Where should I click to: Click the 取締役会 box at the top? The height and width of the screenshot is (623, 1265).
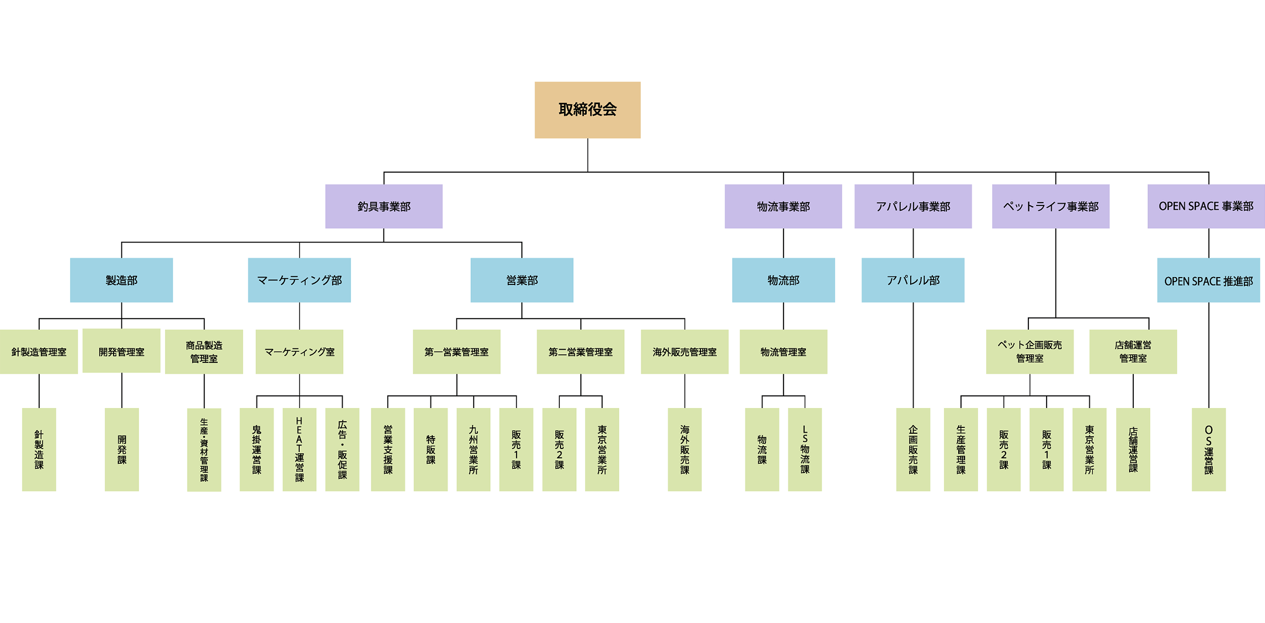tap(587, 110)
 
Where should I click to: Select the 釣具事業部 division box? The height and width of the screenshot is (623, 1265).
tap(384, 206)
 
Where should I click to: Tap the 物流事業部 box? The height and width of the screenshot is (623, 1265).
tap(783, 206)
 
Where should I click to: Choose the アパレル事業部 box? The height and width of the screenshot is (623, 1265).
tap(913, 206)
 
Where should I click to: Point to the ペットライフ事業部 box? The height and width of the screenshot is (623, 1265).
tap(1051, 206)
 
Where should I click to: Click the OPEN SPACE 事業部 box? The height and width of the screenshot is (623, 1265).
tap(1206, 206)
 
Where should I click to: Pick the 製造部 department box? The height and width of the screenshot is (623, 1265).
tap(121, 280)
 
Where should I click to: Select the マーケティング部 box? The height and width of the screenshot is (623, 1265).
tap(299, 280)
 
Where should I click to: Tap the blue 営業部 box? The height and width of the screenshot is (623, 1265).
tap(522, 280)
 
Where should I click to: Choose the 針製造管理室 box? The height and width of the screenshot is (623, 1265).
tap(39, 351)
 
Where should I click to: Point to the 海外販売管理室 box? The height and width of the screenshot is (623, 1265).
tap(685, 351)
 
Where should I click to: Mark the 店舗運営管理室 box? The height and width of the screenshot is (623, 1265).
tap(1133, 351)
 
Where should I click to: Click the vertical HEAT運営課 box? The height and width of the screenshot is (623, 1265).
tap(299, 449)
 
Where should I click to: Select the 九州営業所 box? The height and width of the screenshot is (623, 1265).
tap(473, 449)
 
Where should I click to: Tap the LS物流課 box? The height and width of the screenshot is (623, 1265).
tap(805, 449)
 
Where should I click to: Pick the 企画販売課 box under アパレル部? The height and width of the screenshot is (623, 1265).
tap(913, 449)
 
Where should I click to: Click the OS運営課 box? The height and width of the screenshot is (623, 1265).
tap(1208, 449)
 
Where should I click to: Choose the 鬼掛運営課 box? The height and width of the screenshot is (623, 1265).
tap(257, 449)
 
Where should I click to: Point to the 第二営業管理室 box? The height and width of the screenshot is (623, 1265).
tap(580, 351)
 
